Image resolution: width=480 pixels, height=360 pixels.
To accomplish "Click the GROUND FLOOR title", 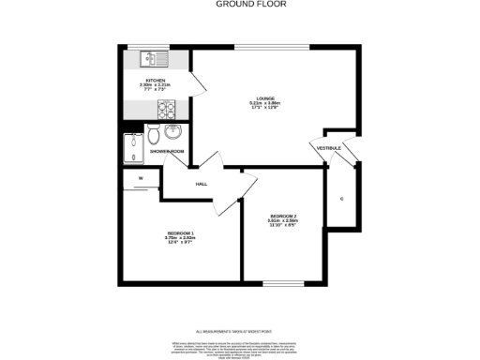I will tap(240, 4).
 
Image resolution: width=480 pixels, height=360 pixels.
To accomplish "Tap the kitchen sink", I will tap(151, 59).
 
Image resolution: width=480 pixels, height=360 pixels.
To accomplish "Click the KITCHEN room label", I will tap(156, 81).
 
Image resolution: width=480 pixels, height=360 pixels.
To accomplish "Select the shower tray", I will tap(132, 146).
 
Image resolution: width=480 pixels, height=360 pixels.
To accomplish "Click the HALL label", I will tap(202, 184).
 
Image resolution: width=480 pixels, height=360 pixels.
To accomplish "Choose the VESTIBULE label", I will tap(328, 148).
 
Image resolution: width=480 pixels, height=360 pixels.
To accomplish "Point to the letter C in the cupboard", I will tap(341, 200).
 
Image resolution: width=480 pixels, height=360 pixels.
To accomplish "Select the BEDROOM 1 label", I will tap(181, 232).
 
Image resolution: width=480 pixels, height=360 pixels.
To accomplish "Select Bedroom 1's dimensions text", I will tap(181, 241).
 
